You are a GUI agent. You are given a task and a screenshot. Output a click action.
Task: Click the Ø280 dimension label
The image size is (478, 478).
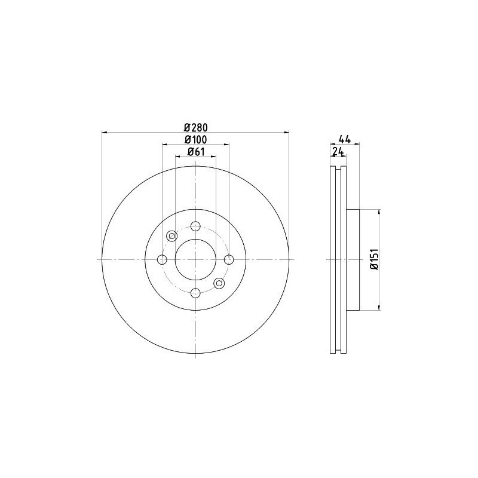pyautogui.click(x=196, y=127)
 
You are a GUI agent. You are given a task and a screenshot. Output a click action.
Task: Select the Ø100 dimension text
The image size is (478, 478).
pyautogui.click(x=196, y=139)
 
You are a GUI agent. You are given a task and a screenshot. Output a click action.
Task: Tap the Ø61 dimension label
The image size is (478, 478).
pyautogui.click(x=196, y=152)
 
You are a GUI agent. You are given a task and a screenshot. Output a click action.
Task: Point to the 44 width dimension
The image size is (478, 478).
pyautogui.click(x=345, y=139)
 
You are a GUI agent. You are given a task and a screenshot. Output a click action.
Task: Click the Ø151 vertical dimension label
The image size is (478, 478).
pyautogui.click(x=375, y=259)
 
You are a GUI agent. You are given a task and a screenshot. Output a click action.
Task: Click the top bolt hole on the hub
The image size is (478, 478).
pyautogui.click(x=195, y=226)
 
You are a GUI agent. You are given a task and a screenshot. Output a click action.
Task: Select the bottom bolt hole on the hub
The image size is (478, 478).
pyautogui.click(x=195, y=293)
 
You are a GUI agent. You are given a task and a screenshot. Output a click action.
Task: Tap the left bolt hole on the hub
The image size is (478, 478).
pyautogui.click(x=162, y=260)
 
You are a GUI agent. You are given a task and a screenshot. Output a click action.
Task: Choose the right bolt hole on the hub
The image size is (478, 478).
pyautogui.click(x=229, y=260)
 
